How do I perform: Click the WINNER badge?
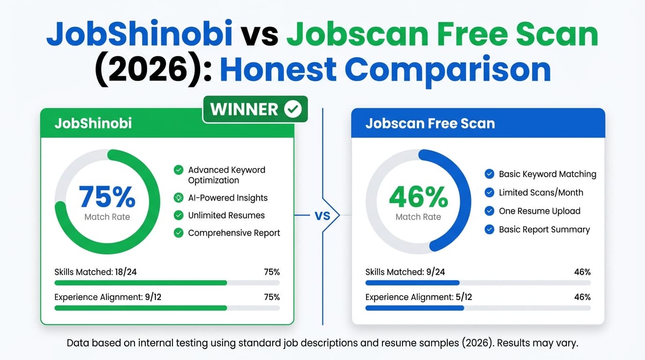[x=255, y=109]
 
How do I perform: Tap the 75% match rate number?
[x=107, y=197]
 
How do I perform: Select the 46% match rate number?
[x=418, y=197]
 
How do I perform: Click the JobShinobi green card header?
[x=167, y=124]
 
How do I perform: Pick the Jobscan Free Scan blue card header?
[x=478, y=124]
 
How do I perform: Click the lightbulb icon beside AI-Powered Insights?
[x=179, y=198]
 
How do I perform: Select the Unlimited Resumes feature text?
[x=226, y=216]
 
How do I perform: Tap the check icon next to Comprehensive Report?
[x=179, y=233]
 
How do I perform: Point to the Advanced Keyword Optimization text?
[x=226, y=175]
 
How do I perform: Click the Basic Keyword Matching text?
[x=547, y=174]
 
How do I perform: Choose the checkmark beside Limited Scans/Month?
[x=489, y=193]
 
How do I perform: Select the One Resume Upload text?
[x=540, y=211]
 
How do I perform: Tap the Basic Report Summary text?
[x=544, y=230]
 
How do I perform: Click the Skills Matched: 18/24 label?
[x=96, y=272]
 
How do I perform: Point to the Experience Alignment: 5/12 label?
[x=419, y=297]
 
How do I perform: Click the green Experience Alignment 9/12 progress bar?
[x=141, y=308]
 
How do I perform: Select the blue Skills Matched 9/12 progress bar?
[x=412, y=283]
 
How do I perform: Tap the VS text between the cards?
[x=322, y=216]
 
